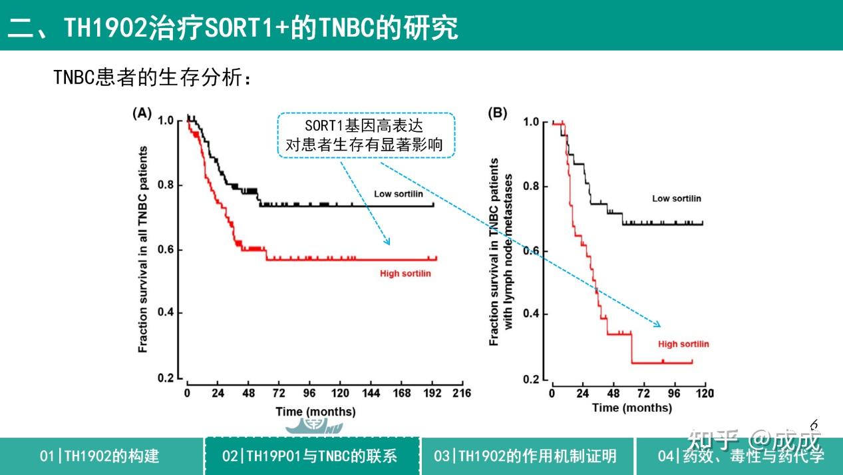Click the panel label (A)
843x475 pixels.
click(142, 113)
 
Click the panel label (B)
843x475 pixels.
click(498, 113)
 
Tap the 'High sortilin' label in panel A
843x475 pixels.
click(405, 274)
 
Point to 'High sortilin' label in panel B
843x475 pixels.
click(683, 344)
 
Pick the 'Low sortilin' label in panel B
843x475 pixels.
click(676, 199)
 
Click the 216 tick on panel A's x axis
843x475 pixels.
click(461, 393)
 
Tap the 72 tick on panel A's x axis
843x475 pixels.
click(279, 393)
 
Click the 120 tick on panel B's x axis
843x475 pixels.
click(704, 393)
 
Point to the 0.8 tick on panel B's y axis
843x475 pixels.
click(532, 186)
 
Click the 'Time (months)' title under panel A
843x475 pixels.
click(315, 412)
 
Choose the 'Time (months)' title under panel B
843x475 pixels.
click(631, 407)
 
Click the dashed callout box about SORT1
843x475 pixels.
click(366, 135)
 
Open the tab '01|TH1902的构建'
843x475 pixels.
click(100, 456)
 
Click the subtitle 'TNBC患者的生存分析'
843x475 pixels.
click(153, 77)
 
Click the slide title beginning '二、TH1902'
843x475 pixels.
click(233, 28)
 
